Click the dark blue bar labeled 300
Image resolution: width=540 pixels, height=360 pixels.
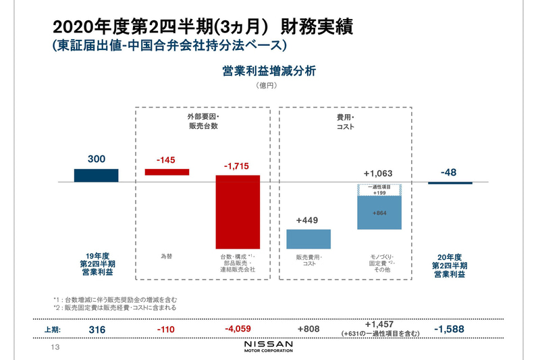(x=96, y=176)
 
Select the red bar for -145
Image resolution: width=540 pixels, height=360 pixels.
(x=167, y=172)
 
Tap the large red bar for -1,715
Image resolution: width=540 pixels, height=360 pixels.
(x=238, y=212)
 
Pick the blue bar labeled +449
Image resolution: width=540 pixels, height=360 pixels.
(x=308, y=239)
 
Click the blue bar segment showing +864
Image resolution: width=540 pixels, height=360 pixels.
(x=379, y=213)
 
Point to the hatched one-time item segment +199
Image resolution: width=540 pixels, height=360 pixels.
(x=379, y=190)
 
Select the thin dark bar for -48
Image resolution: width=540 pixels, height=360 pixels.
(x=450, y=183)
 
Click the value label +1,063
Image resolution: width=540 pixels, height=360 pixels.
(x=378, y=174)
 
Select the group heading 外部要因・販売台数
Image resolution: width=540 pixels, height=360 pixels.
(x=203, y=122)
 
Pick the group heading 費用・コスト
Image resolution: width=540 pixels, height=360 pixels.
(x=346, y=122)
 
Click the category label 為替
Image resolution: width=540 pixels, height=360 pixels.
(x=166, y=257)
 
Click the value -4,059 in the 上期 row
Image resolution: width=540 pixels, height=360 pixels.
(x=238, y=329)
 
